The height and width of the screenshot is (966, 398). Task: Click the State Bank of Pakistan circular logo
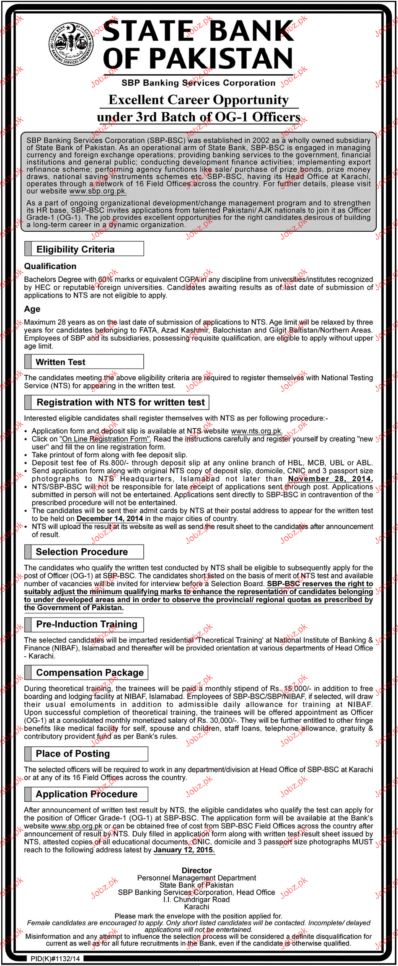click(x=71, y=44)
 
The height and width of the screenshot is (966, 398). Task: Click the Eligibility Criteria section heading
click(x=75, y=249)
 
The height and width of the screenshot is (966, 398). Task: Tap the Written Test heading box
click(x=60, y=362)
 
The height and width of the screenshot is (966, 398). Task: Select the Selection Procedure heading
click(x=82, y=552)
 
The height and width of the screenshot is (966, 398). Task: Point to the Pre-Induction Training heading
click(x=87, y=624)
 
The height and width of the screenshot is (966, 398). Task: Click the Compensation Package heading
click(x=90, y=673)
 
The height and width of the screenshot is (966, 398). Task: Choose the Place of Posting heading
click(x=73, y=754)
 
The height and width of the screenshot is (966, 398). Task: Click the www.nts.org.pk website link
click(x=256, y=431)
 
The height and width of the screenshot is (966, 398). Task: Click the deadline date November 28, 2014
click(x=330, y=479)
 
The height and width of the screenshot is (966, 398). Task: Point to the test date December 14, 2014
click(x=110, y=519)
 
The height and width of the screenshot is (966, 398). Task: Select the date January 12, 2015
click(x=184, y=850)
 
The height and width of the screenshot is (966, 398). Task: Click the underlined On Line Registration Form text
click(x=105, y=439)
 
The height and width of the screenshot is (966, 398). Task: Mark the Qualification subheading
click(x=50, y=267)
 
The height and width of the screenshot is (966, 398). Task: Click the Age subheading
click(x=32, y=309)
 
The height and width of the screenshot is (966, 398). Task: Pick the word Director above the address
click(x=196, y=871)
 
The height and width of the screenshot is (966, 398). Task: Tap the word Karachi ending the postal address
click(x=196, y=907)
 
